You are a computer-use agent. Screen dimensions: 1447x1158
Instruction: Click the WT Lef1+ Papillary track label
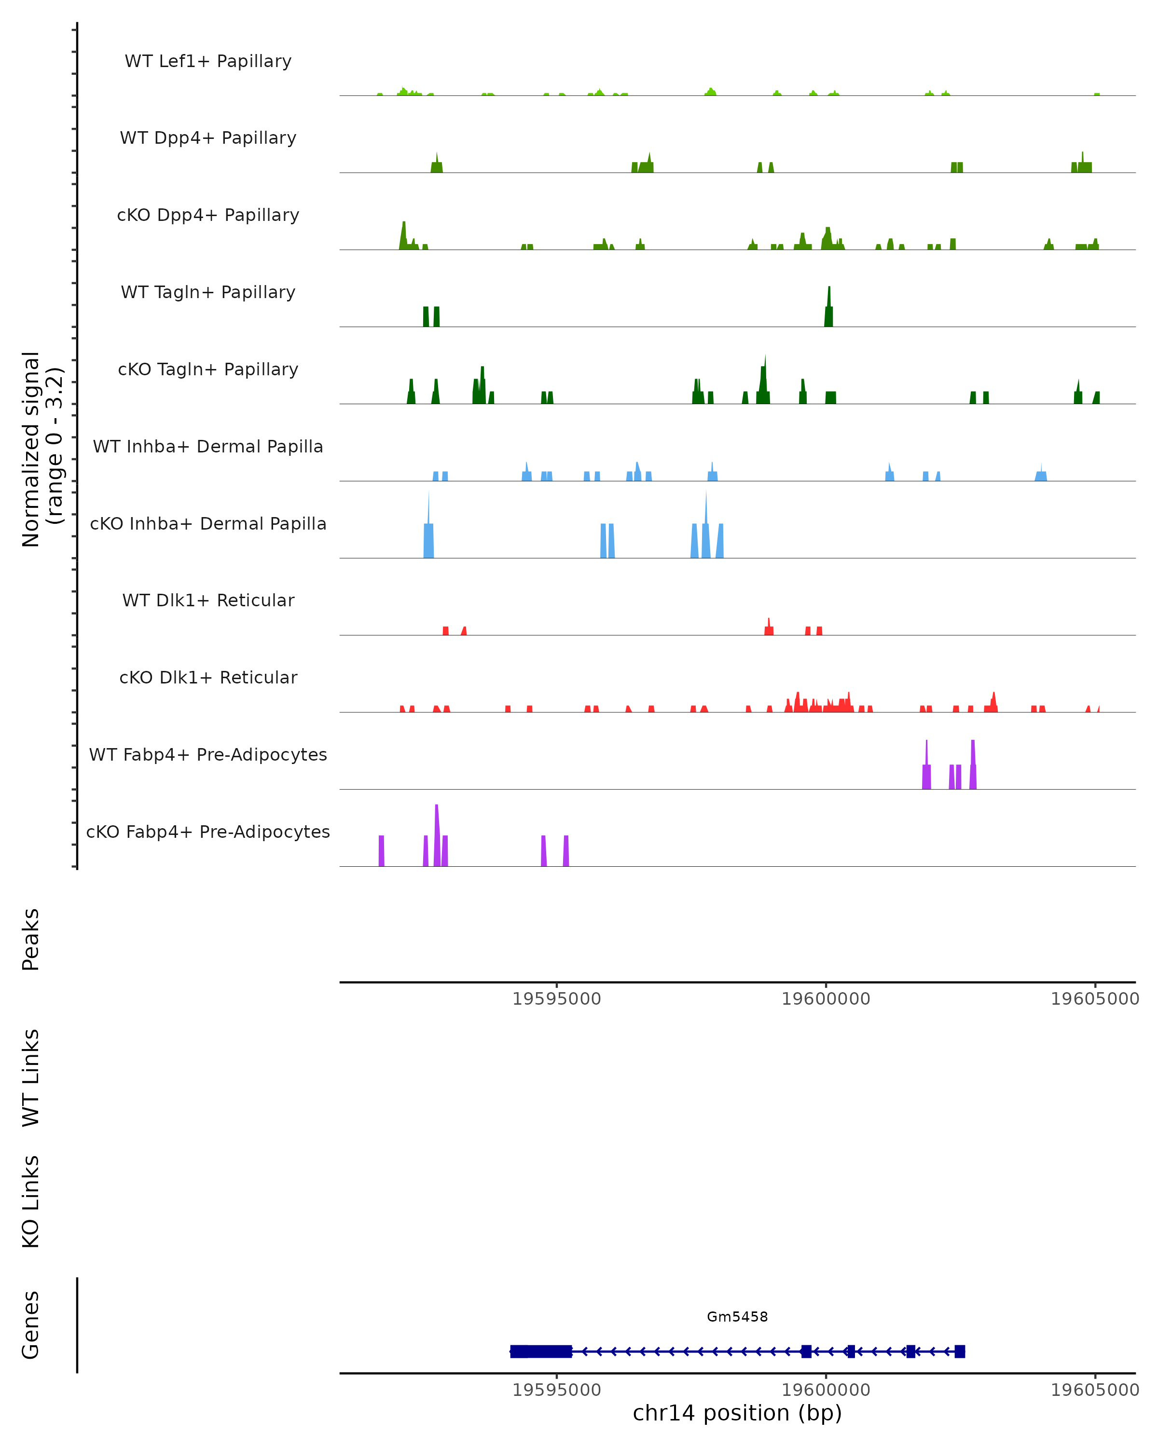(208, 61)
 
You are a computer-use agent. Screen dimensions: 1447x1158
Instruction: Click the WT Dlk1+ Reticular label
(208, 600)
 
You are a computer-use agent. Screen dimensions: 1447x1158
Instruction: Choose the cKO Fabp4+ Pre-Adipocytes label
(208, 832)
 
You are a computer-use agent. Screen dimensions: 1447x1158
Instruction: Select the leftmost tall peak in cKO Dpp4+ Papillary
(403, 232)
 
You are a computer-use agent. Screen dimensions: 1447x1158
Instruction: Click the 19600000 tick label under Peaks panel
(826, 999)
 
